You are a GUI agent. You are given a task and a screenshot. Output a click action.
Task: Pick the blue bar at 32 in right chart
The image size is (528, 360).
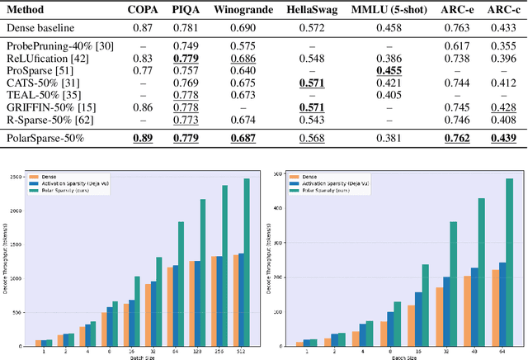point(447,311)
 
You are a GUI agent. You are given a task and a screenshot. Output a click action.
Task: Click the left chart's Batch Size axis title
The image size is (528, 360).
point(136,356)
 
